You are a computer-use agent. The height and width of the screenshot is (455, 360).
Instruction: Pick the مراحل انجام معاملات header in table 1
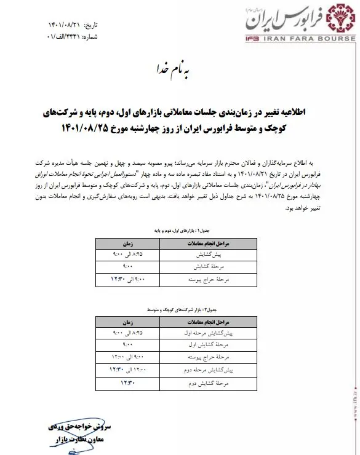pos(216,243)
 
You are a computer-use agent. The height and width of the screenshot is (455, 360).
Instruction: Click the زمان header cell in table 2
pos(132,322)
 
